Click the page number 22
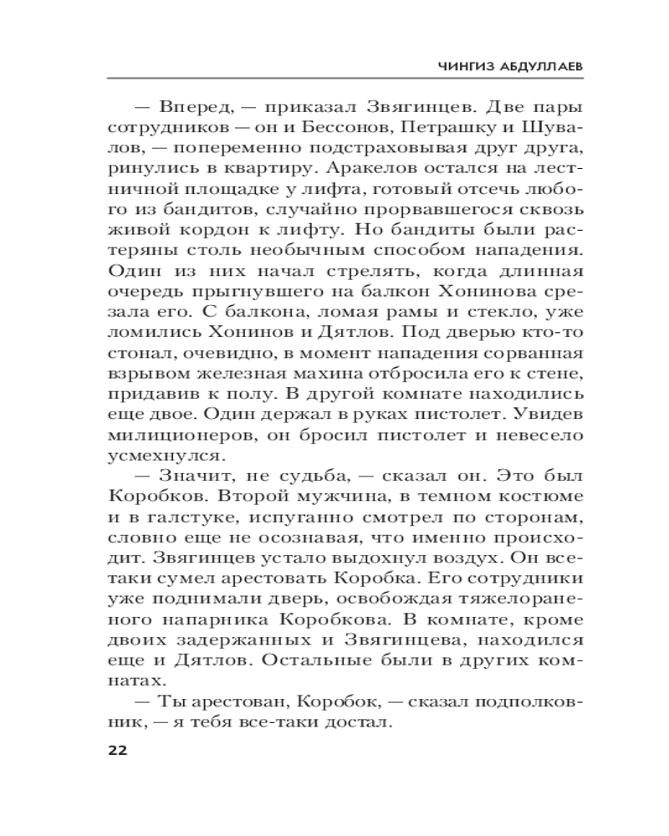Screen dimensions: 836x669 tap(116, 750)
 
